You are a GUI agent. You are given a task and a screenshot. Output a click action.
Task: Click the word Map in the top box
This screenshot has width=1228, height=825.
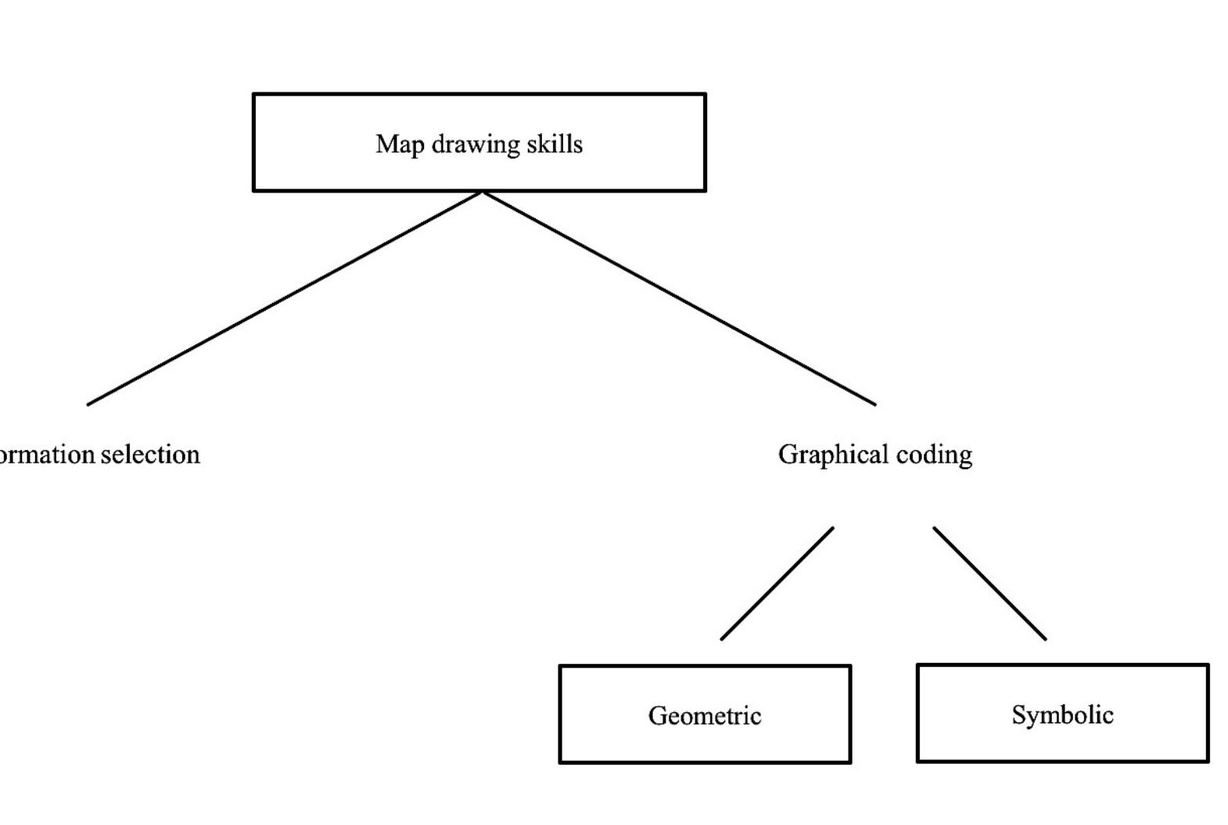point(399,144)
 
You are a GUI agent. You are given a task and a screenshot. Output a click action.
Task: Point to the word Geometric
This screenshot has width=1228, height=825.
point(705,715)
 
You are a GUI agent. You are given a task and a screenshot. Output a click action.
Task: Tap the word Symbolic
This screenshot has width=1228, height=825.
point(1062,715)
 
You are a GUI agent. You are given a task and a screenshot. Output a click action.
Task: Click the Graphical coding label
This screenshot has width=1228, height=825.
point(875,455)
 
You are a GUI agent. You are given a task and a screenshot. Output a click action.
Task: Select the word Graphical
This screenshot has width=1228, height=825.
point(833,455)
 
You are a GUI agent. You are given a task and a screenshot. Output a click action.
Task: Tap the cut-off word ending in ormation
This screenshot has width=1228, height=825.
point(47,455)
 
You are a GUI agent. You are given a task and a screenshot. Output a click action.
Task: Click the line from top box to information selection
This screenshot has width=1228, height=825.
point(285,298)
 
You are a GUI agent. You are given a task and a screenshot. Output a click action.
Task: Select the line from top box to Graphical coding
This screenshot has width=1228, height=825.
point(679,298)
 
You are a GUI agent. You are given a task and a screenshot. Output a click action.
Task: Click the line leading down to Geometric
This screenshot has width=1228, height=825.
point(777,584)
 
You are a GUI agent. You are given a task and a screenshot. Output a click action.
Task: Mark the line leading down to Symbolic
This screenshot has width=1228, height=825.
point(989,584)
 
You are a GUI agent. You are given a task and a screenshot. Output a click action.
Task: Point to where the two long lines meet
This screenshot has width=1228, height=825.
point(482,192)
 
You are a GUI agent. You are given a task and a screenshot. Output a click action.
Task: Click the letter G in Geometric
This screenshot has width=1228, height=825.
point(656,715)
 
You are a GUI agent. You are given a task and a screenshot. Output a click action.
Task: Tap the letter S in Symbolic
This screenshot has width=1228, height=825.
point(1018,715)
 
